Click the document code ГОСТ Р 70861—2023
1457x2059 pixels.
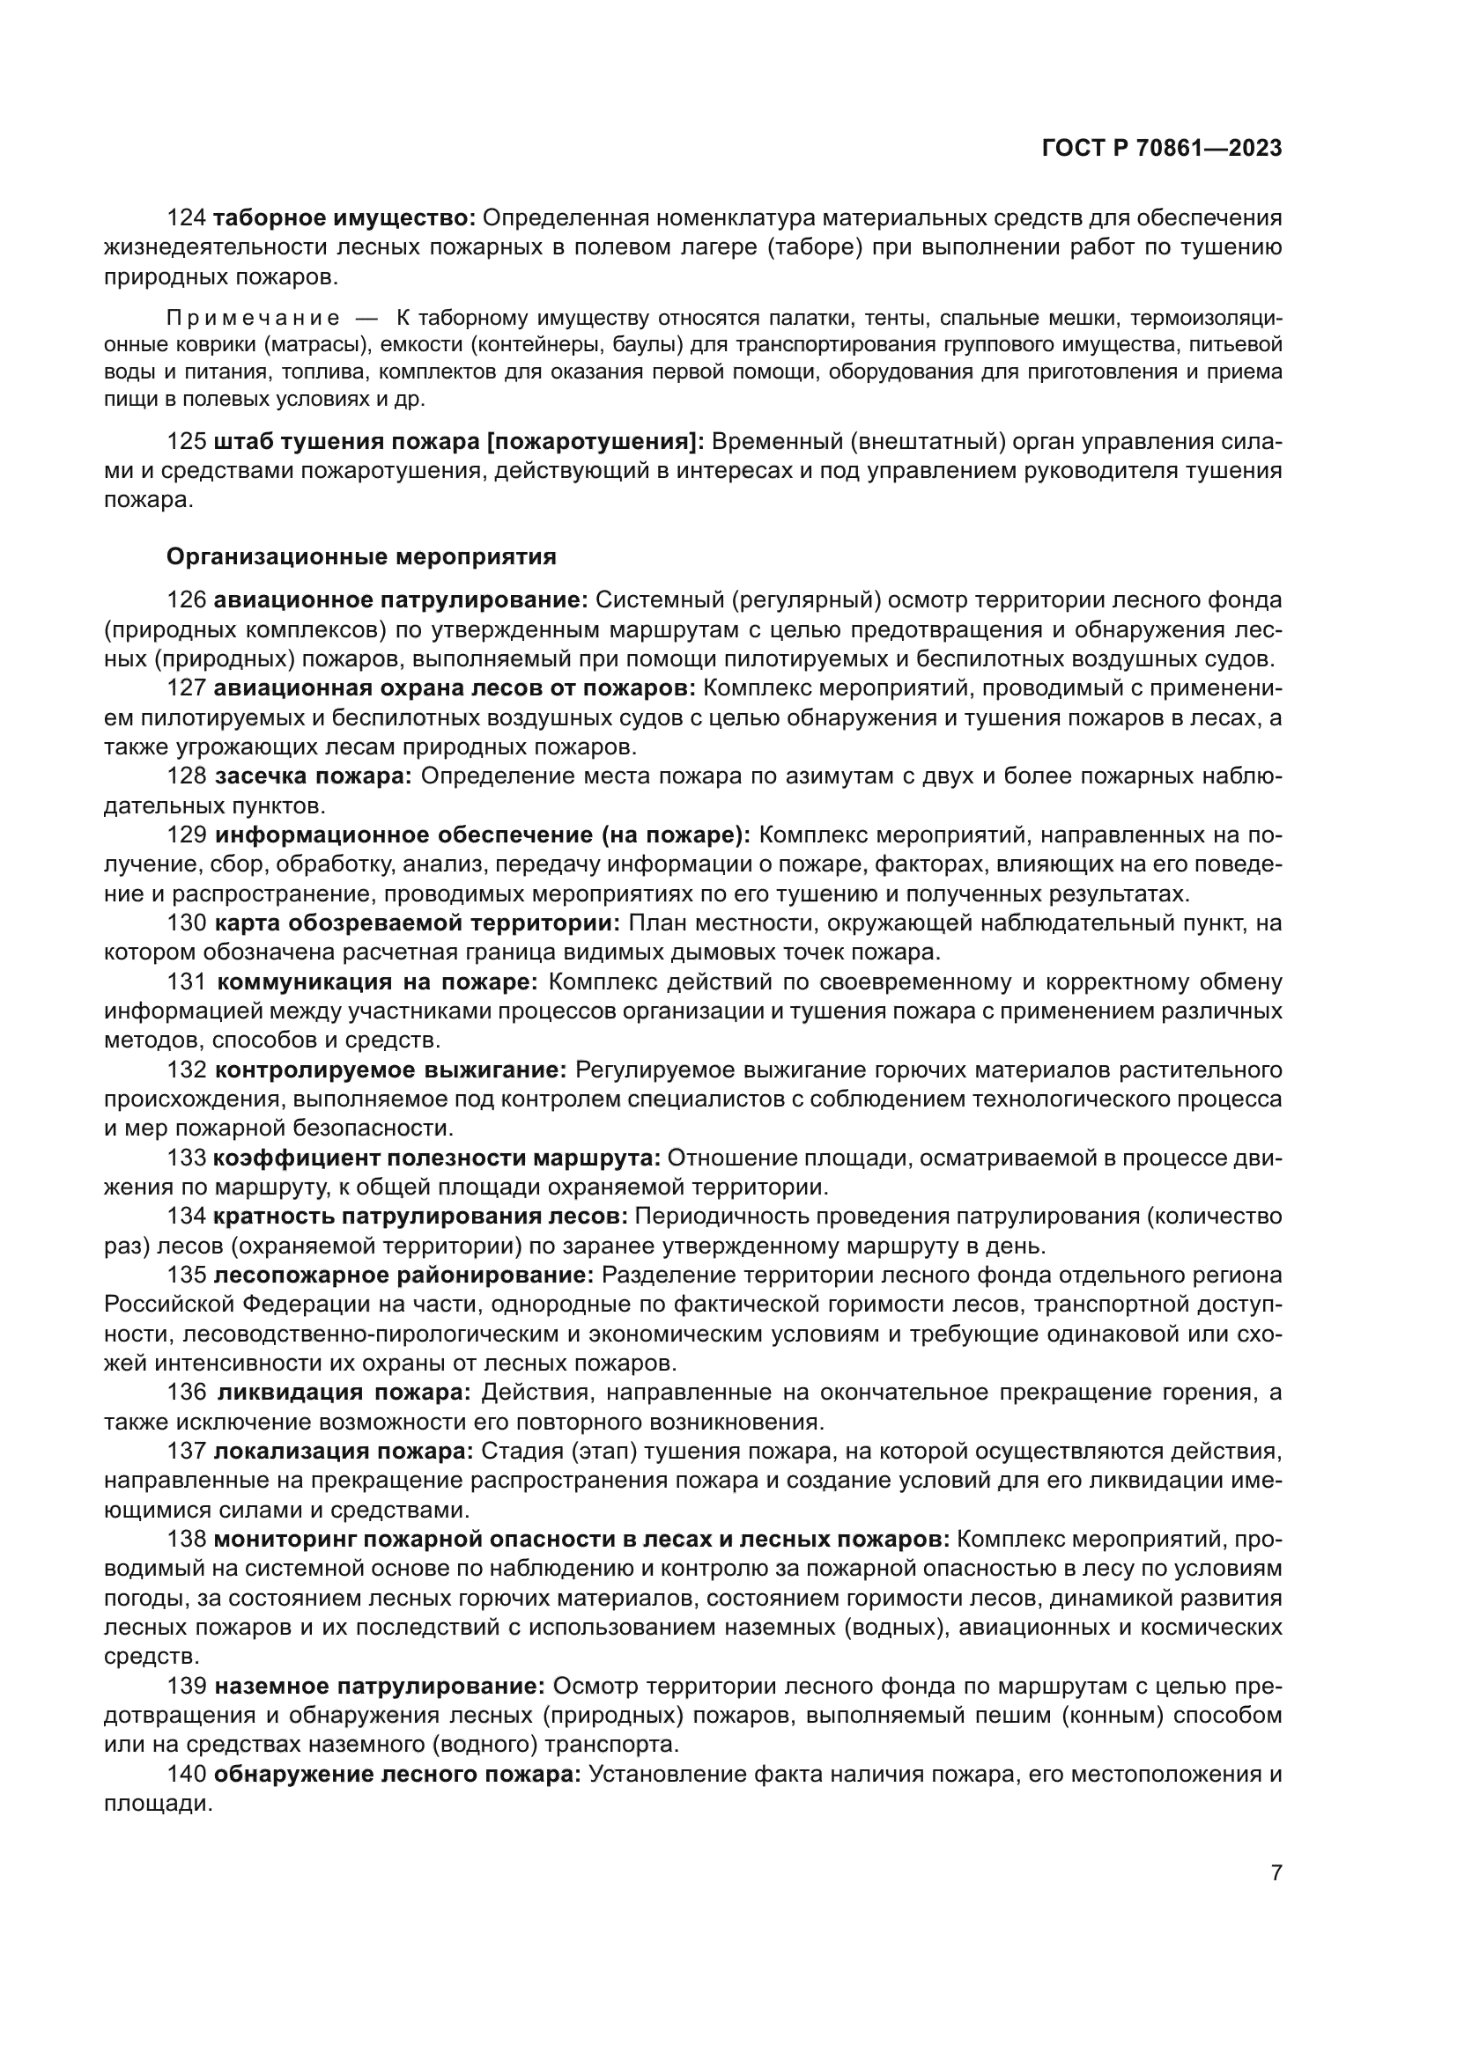[1162, 149]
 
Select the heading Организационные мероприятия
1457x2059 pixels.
[360, 557]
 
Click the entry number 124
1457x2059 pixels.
[187, 218]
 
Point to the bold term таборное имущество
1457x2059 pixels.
[344, 218]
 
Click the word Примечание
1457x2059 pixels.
[253, 319]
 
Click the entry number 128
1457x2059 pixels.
[187, 776]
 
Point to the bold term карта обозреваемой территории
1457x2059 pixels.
[418, 923]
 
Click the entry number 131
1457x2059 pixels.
[187, 983]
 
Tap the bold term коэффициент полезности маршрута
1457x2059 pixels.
[437, 1158]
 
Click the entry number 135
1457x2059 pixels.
[187, 1276]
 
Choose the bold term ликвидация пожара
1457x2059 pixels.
[344, 1393]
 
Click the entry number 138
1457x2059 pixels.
[187, 1540]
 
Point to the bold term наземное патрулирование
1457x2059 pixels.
[380, 1687]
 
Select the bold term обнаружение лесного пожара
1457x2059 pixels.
[397, 1775]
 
